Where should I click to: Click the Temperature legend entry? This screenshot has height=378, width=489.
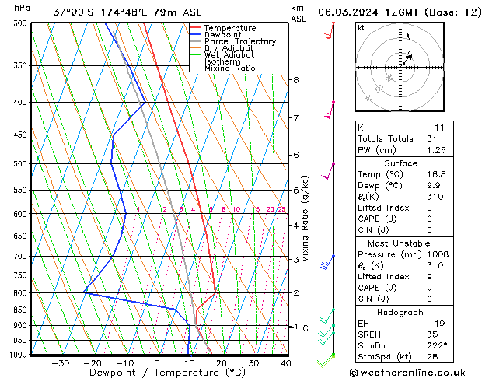(230, 28)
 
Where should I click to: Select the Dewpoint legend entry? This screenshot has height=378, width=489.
(225, 35)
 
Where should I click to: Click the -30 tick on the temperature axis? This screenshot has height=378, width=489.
(60, 362)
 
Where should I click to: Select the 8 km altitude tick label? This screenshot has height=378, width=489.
(295, 80)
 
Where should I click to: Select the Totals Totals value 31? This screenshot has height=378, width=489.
(432, 138)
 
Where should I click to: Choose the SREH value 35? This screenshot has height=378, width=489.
(432, 334)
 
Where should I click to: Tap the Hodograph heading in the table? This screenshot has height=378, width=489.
(401, 312)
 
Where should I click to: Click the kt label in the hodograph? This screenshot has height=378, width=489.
(361, 28)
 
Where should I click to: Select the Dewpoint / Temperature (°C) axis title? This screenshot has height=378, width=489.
(156, 373)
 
